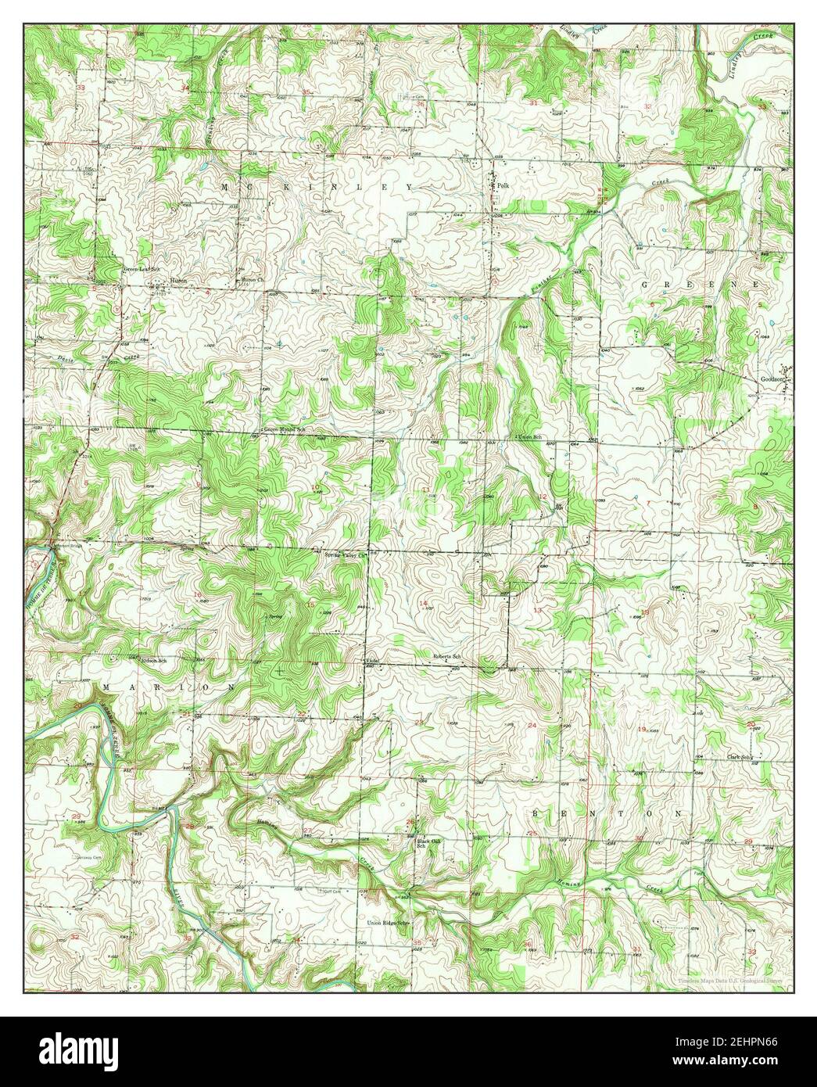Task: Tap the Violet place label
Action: tap(373, 662)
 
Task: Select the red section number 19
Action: tap(642, 729)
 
